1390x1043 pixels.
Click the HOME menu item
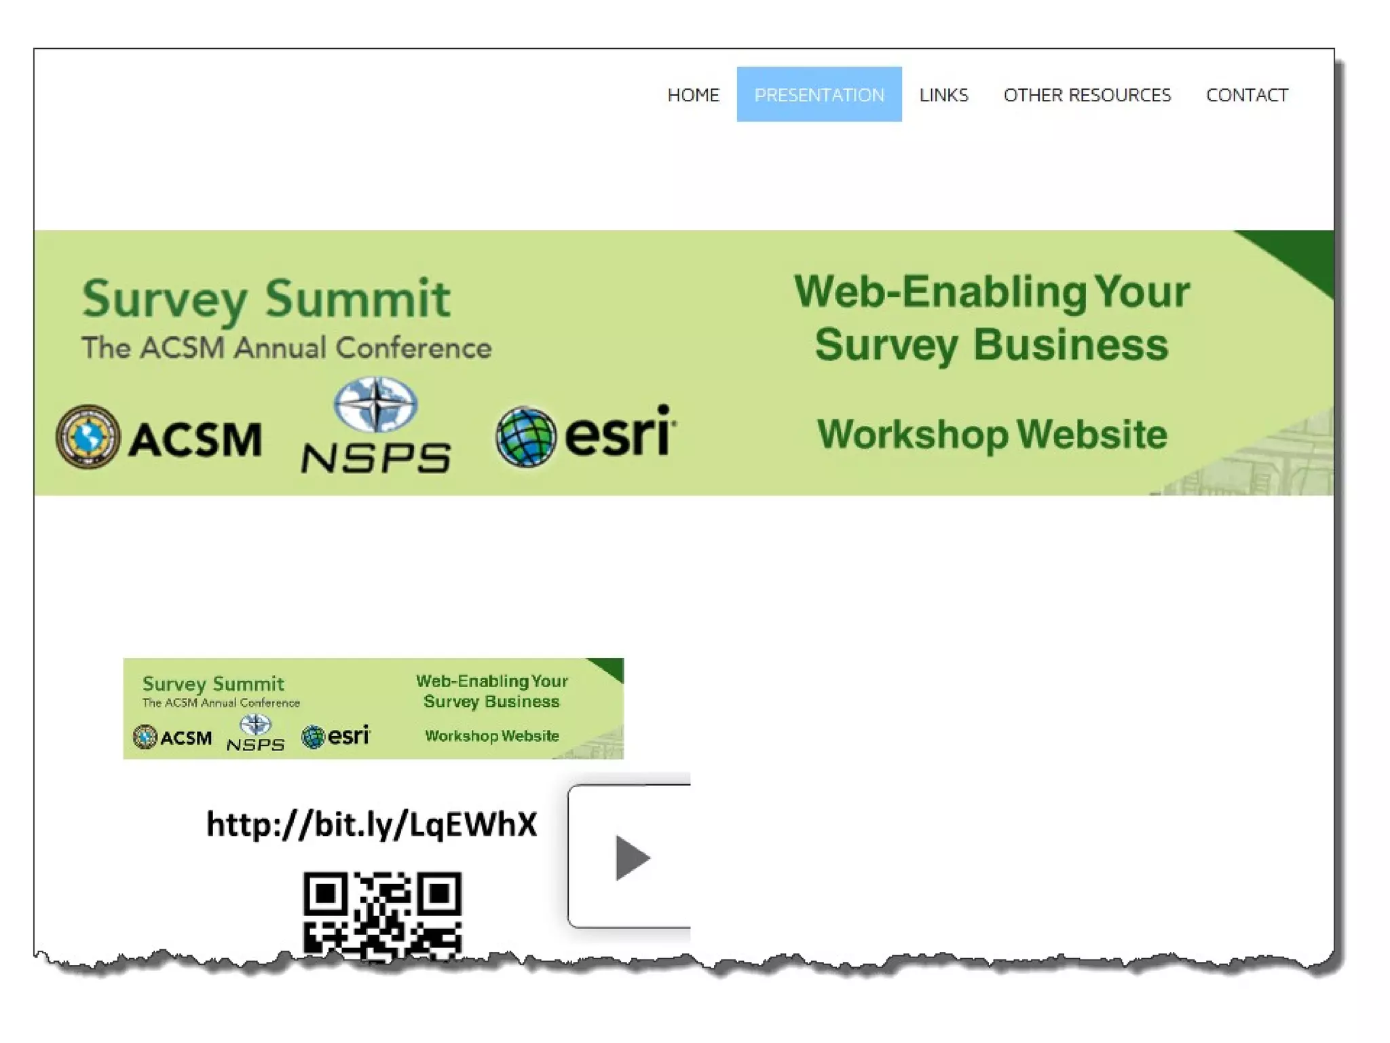pyautogui.click(x=693, y=95)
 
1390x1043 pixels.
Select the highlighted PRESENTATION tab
pyautogui.click(x=819, y=95)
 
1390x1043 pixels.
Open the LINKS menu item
pyautogui.click(x=943, y=95)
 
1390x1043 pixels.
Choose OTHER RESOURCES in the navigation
pyautogui.click(x=1087, y=95)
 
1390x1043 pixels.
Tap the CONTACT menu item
pyautogui.click(x=1247, y=95)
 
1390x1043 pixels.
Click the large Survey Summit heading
pyautogui.click(x=265, y=299)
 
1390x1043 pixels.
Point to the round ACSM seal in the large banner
pyautogui.click(x=88, y=437)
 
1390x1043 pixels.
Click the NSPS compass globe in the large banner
pyautogui.click(x=375, y=405)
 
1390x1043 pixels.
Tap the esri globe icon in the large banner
pyautogui.click(x=525, y=437)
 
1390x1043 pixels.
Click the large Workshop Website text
pyautogui.click(x=992, y=435)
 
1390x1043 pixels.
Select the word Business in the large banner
pyautogui.click(x=1070, y=345)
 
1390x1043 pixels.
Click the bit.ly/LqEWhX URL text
pyautogui.click(x=371, y=824)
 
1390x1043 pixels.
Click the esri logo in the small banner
pyautogui.click(x=336, y=735)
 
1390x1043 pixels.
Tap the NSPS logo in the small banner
pyautogui.click(x=255, y=734)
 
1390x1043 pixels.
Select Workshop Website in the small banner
pyautogui.click(x=492, y=736)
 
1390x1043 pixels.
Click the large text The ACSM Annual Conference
pyautogui.click(x=286, y=348)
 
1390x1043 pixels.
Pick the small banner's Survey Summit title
pyautogui.click(x=213, y=684)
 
